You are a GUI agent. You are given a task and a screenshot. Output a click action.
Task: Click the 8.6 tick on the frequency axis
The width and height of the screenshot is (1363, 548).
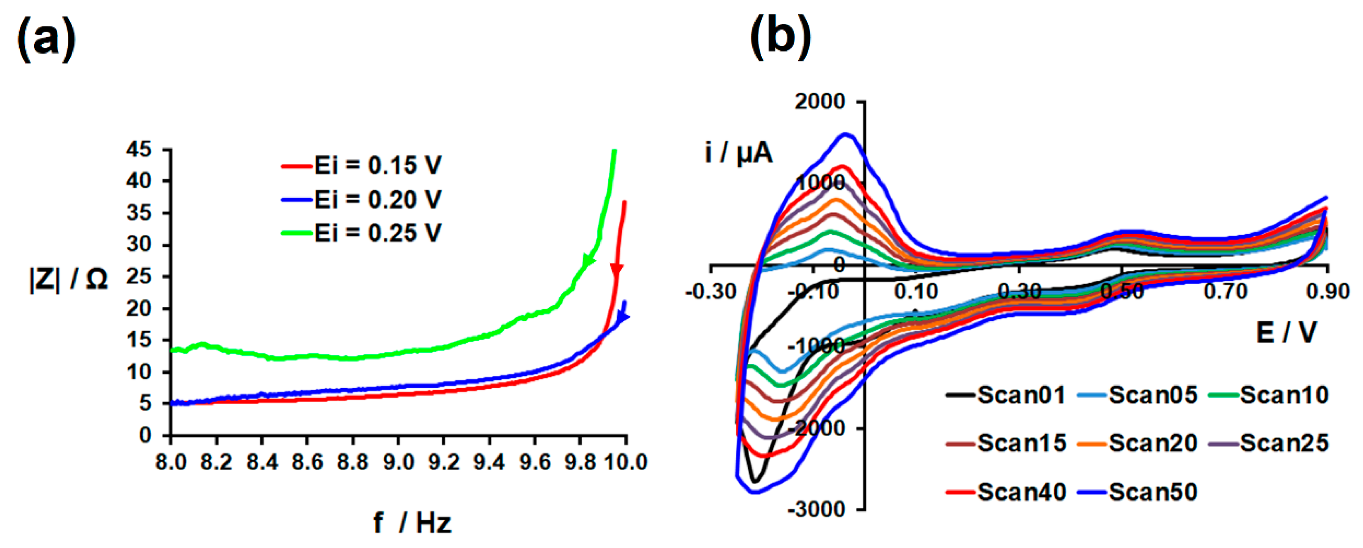[307, 462]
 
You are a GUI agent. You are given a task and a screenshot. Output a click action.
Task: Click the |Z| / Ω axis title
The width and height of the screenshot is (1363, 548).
[69, 279]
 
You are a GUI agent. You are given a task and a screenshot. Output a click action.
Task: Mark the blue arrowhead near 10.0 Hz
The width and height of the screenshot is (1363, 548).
[623, 316]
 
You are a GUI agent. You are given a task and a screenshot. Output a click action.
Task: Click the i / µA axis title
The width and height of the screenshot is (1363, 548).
[739, 153]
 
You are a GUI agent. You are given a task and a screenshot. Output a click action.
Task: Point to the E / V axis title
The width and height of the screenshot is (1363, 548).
[1286, 333]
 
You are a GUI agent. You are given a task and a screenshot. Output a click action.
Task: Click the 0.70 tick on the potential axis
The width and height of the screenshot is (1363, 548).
[1225, 292]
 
